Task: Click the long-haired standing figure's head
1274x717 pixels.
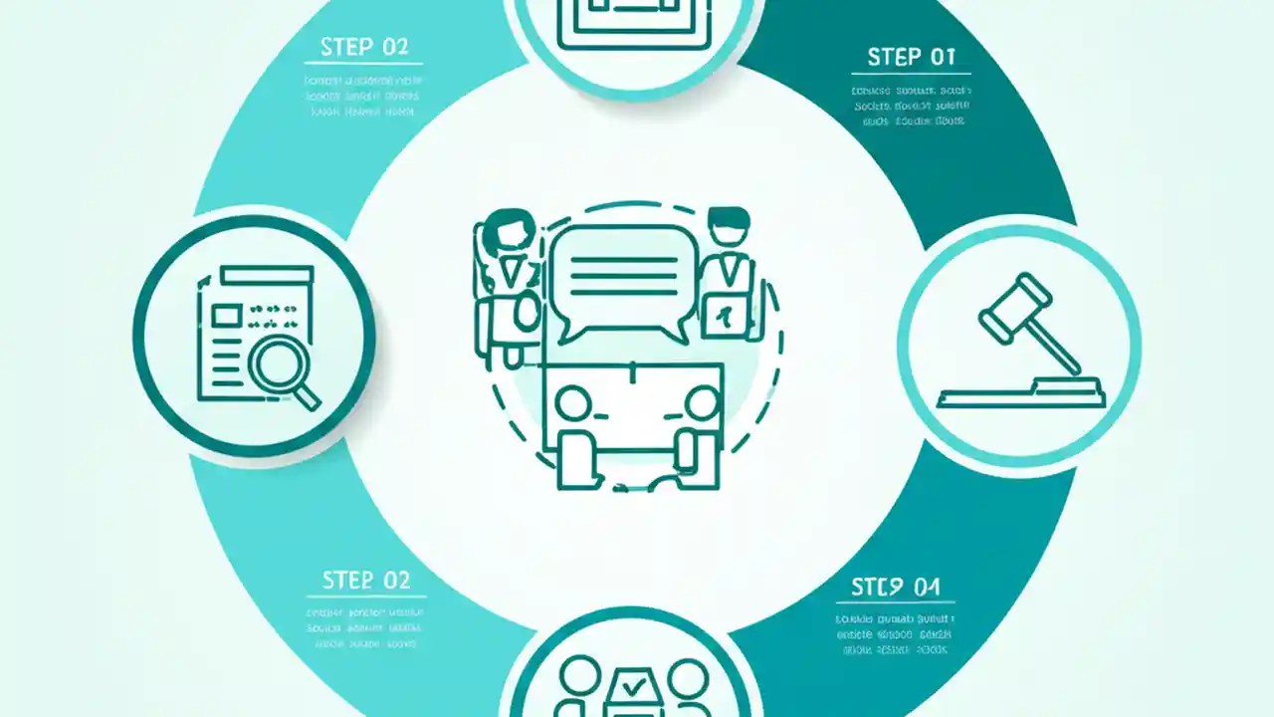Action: pos(510,230)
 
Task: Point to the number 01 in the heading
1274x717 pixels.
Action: pos(941,57)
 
